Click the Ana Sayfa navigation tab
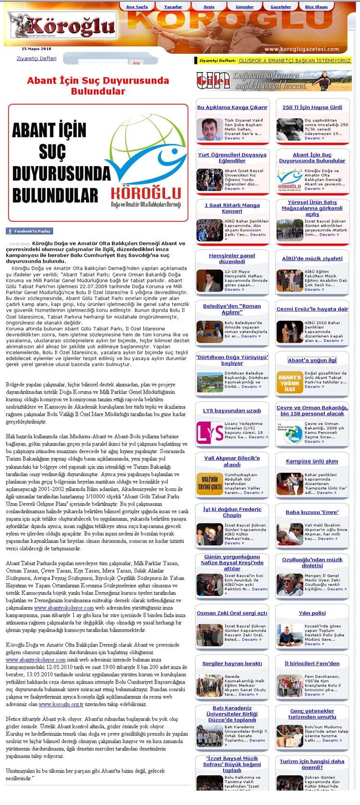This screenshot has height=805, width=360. tap(137, 7)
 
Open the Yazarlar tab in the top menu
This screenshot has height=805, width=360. tap(173, 7)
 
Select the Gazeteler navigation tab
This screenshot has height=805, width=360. tap(281, 7)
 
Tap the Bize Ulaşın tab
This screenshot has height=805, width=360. tap(316, 7)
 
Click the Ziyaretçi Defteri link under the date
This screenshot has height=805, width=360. tap(36, 59)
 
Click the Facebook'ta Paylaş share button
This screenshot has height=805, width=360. tap(29, 231)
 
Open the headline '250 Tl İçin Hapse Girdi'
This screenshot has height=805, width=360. tap(312, 108)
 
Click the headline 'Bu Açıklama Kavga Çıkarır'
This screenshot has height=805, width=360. tap(232, 108)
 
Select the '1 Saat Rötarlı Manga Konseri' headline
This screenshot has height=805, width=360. tap(232, 208)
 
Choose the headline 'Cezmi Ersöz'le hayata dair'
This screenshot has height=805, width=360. tap(312, 309)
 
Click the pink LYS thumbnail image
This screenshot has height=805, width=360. tap(209, 431)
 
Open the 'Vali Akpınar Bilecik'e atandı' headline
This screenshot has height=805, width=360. tap(232, 461)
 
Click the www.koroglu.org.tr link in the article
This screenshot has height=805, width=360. tap(52, 704)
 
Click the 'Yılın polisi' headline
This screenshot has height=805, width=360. tap(312, 613)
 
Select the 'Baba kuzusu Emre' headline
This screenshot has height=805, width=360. tap(312, 512)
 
